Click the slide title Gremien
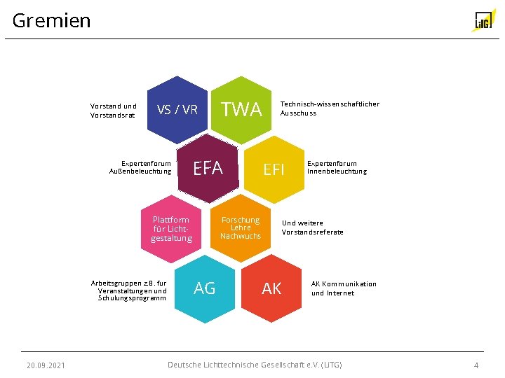click(x=52, y=21)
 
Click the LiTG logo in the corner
click(x=483, y=21)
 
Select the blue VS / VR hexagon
click(x=177, y=109)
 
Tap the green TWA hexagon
click(x=241, y=109)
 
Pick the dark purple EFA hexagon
click(x=208, y=168)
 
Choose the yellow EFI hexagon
click(x=274, y=169)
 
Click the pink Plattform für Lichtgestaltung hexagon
click(x=171, y=228)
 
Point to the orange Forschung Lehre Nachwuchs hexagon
click(x=241, y=228)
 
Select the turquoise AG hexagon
click(x=205, y=288)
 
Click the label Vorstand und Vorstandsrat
click(x=114, y=111)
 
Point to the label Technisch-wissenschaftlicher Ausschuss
click(x=330, y=108)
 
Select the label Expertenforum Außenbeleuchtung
click(x=140, y=167)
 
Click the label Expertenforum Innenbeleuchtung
click(x=337, y=167)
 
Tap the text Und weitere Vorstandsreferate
click(x=313, y=227)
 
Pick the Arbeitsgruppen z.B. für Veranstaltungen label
click(x=129, y=290)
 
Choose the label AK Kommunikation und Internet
click(x=344, y=288)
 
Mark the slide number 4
click(x=476, y=365)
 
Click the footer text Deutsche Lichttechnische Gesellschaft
click(x=255, y=365)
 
